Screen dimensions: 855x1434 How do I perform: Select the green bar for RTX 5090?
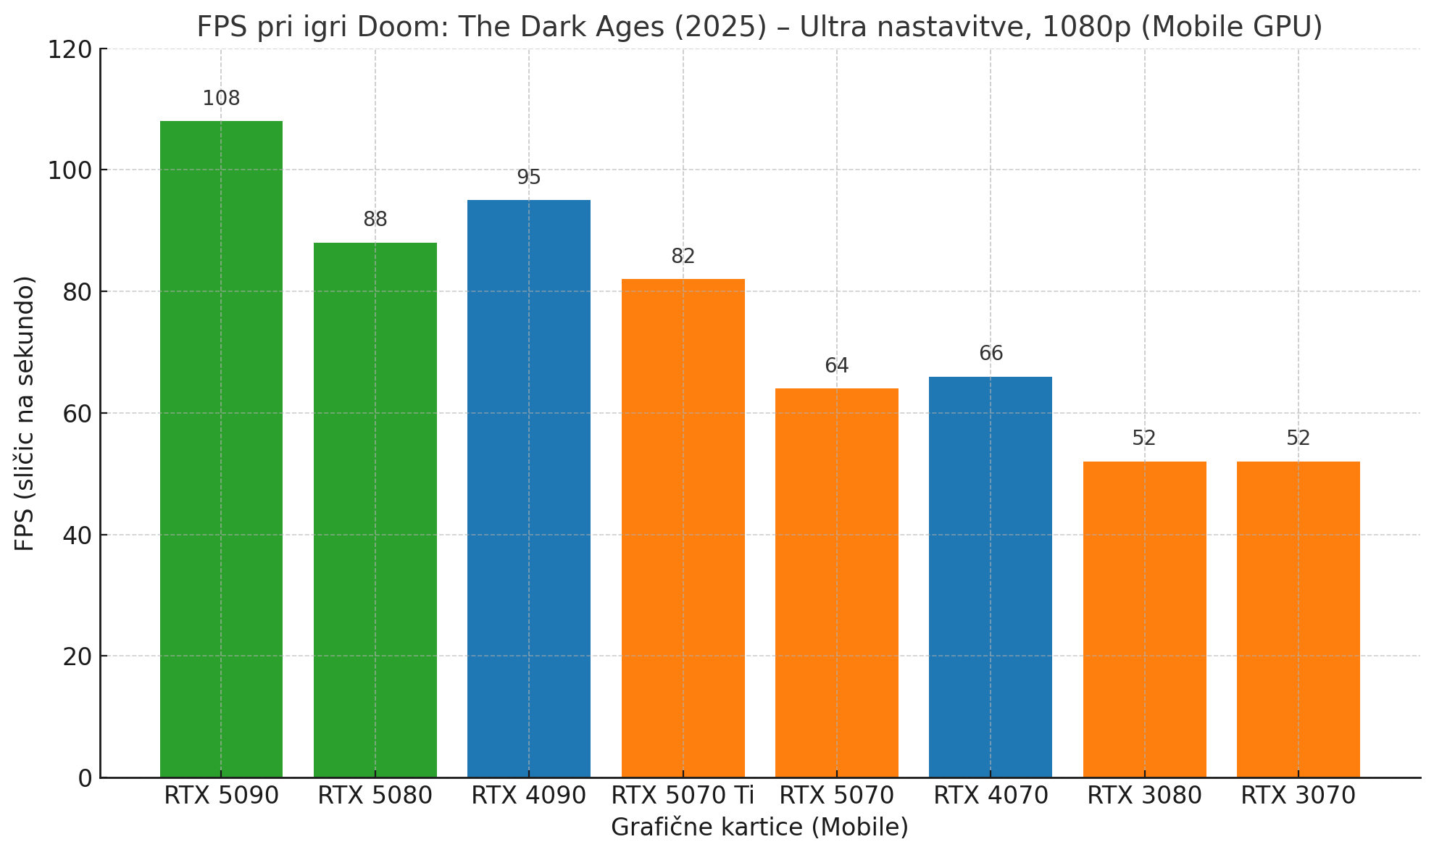tap(221, 449)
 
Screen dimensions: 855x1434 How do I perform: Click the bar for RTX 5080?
tap(375, 510)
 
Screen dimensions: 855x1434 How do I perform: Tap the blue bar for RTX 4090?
tap(529, 488)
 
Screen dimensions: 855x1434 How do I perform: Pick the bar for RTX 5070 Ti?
tap(683, 528)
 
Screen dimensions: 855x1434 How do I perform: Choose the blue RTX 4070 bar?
tap(991, 577)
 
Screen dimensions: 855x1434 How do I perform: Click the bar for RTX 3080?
tap(1144, 620)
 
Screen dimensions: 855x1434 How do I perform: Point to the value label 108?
tap(221, 99)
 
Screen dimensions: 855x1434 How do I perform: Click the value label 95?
tap(529, 178)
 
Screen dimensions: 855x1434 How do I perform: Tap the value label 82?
tap(683, 256)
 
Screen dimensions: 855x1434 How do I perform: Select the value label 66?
tap(991, 354)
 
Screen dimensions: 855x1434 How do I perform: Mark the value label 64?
tap(836, 366)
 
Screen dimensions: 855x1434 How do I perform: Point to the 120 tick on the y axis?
tap(70, 49)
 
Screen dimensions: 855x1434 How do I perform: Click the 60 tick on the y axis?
tap(76, 414)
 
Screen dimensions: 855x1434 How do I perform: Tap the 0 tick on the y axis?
tap(86, 778)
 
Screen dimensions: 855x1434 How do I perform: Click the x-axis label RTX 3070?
tap(1298, 796)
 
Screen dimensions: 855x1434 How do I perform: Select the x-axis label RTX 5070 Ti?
tap(683, 796)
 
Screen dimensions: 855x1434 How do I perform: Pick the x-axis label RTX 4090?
tap(528, 796)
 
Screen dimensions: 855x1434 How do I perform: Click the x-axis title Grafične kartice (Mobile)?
tap(759, 827)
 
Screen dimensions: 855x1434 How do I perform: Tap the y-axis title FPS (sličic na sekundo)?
tap(25, 413)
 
